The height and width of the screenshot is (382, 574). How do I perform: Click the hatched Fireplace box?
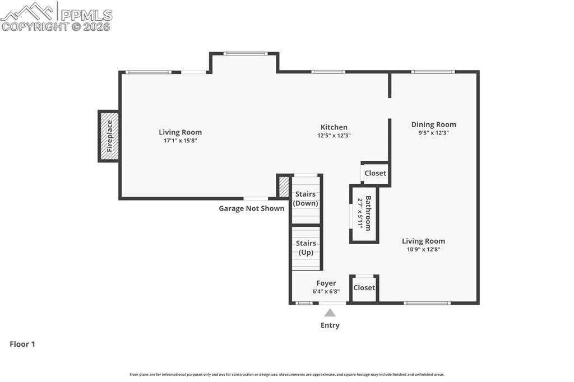click(x=109, y=136)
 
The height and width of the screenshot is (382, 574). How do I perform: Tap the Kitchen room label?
click(x=334, y=127)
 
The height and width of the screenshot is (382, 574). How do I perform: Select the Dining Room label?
click(x=433, y=124)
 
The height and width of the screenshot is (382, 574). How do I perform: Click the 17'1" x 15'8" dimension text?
click(x=180, y=141)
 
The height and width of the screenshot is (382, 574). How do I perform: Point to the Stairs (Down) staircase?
click(x=306, y=199)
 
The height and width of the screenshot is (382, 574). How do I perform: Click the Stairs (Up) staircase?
click(x=306, y=248)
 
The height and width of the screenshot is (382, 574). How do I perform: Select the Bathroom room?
click(x=364, y=214)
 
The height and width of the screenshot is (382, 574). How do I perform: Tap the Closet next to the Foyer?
click(x=364, y=288)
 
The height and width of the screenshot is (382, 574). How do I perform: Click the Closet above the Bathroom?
click(x=375, y=173)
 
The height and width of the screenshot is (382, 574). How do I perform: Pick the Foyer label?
click(x=326, y=283)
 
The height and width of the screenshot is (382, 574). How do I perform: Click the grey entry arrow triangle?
click(x=330, y=313)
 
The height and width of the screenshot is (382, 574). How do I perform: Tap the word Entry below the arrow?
click(x=330, y=325)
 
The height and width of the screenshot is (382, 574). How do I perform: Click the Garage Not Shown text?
click(x=251, y=208)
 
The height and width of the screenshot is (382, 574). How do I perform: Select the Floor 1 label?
click(x=22, y=344)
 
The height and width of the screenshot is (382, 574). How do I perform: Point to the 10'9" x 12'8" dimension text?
click(x=423, y=249)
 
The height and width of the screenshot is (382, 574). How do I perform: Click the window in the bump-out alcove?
click(x=245, y=54)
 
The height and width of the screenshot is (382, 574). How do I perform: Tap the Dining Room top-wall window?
click(x=433, y=72)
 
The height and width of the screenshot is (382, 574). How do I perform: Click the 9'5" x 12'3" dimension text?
click(x=433, y=133)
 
